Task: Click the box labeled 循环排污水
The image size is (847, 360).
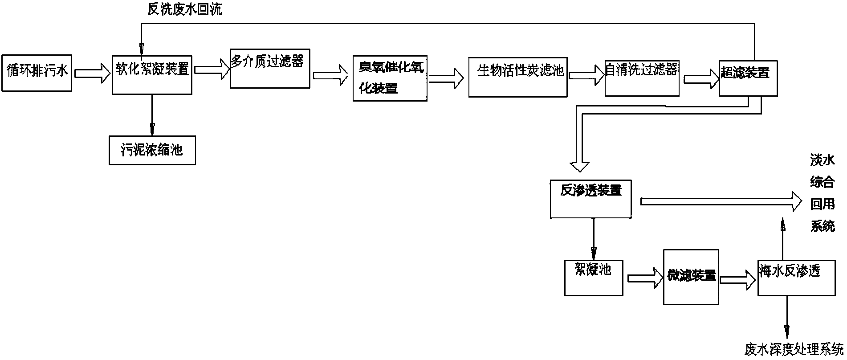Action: (x=37, y=73)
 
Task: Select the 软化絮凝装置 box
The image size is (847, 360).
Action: (x=152, y=74)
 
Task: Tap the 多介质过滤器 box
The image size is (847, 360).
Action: (x=270, y=68)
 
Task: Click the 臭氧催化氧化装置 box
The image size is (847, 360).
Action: (x=390, y=78)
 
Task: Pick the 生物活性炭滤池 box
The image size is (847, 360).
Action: (x=517, y=77)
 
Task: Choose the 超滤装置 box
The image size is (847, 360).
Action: (x=748, y=78)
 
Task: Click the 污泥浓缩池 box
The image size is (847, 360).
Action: (x=152, y=150)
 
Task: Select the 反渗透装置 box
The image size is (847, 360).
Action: (x=590, y=198)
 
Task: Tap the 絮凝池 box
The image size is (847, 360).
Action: (x=593, y=277)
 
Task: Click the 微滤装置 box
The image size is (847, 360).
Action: (x=691, y=277)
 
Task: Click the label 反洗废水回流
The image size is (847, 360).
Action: (x=184, y=9)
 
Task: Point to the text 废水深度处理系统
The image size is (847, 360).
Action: (x=794, y=349)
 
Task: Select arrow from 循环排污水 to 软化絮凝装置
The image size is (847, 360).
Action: (x=92, y=73)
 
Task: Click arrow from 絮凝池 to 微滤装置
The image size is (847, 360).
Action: (x=645, y=278)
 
